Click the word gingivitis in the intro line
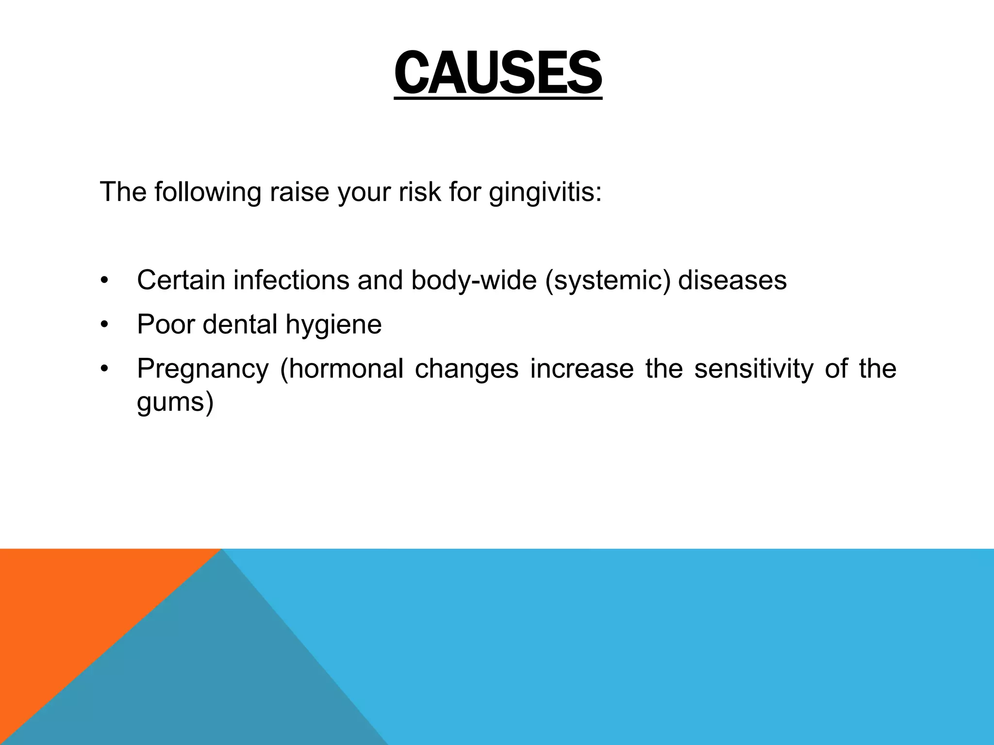tap(545, 192)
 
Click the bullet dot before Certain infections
tap(103, 281)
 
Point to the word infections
tap(291, 280)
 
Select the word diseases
tap(732, 280)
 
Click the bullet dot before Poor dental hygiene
tap(103, 325)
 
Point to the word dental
tap(240, 324)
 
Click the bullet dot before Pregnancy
tap(103, 370)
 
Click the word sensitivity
tap(753, 369)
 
